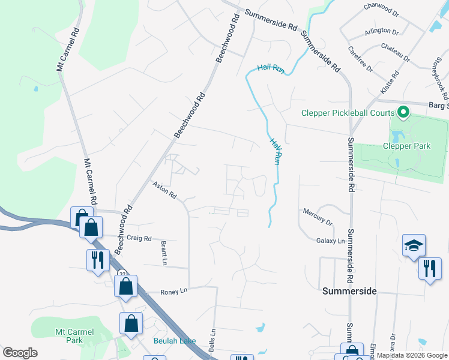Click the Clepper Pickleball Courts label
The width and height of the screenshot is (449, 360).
pos(348,113)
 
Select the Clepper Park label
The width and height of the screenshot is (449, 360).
pos(407,146)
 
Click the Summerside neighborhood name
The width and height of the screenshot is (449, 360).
pos(349,291)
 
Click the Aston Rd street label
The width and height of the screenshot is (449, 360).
pos(164,191)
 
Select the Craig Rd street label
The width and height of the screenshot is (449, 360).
pos(139,238)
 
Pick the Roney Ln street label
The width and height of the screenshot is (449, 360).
pos(174,292)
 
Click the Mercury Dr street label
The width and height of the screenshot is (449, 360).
pos(318,217)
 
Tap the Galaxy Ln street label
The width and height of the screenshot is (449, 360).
pos(331,241)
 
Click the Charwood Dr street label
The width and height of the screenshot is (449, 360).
pos(381,9)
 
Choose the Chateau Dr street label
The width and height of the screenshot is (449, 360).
pos(394,54)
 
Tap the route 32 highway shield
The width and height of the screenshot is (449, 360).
pos(122,274)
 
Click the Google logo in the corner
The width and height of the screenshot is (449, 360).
pos(20,353)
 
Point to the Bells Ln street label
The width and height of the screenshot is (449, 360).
pos(211,340)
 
